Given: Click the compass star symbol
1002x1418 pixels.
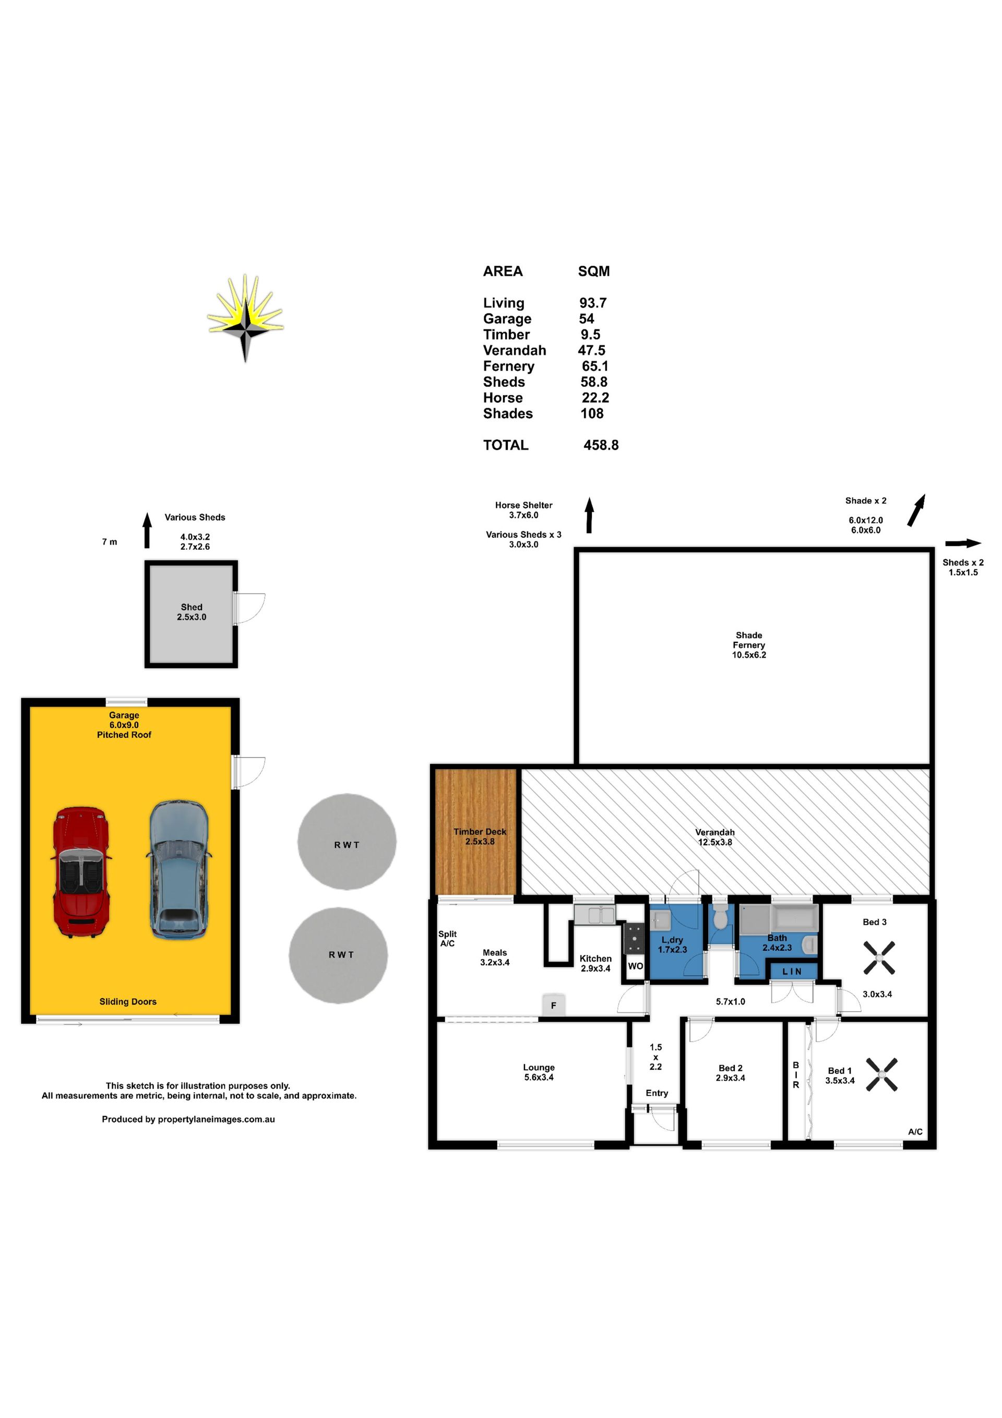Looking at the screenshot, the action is pyautogui.click(x=246, y=318).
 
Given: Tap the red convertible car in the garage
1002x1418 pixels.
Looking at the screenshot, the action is pyautogui.click(x=81, y=872).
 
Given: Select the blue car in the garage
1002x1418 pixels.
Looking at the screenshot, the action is pyautogui.click(x=178, y=868).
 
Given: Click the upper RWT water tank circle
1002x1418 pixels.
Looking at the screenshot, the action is pyautogui.click(x=347, y=842).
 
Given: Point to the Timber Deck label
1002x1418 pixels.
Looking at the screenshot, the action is pyautogui.click(x=480, y=836).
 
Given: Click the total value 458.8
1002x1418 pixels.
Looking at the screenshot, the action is pyautogui.click(x=601, y=445).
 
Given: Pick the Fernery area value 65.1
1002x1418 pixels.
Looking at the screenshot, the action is pyautogui.click(x=595, y=365).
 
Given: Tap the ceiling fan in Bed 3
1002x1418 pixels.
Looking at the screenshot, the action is pyautogui.click(x=878, y=958).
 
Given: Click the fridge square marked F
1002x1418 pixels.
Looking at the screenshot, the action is pyautogui.click(x=553, y=1006).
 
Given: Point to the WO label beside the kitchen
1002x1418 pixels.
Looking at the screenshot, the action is pyautogui.click(x=635, y=966).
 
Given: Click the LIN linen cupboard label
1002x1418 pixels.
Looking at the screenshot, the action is pyautogui.click(x=792, y=972).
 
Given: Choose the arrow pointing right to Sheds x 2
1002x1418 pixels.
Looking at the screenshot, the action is pyautogui.click(x=963, y=543).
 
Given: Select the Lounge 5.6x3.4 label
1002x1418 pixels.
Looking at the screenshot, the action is pyautogui.click(x=539, y=1072).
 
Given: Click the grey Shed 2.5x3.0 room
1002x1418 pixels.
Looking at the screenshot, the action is pyautogui.click(x=192, y=614).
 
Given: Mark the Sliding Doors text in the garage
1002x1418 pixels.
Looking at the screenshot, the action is pyautogui.click(x=128, y=1002).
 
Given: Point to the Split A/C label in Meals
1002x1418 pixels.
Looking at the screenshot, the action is pyautogui.click(x=448, y=939).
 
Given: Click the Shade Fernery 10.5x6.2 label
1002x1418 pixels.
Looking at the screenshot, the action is pyautogui.click(x=749, y=645).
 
